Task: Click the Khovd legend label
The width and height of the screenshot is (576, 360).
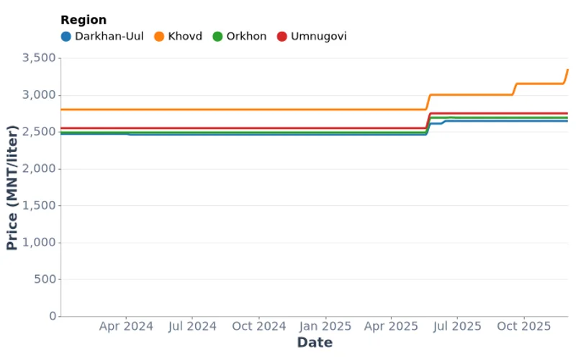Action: pyautogui.click(x=185, y=36)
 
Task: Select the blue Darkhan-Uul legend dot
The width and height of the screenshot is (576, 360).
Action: pyautogui.click(x=66, y=36)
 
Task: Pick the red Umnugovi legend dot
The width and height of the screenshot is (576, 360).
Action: pyautogui.click(x=282, y=36)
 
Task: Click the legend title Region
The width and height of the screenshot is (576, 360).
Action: pyautogui.click(x=84, y=20)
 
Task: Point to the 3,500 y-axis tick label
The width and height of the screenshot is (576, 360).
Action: pyautogui.click(x=36, y=58)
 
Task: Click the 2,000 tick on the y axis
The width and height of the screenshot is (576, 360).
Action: pyautogui.click(x=36, y=169)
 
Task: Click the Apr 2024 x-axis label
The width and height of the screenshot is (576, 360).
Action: pyautogui.click(x=126, y=326)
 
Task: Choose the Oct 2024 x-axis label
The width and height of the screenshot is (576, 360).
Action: pyautogui.click(x=259, y=326)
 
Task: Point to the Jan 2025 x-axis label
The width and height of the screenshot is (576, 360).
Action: pyautogui.click(x=325, y=326)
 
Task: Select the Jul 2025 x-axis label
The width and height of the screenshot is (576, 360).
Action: pyautogui.click(x=457, y=326)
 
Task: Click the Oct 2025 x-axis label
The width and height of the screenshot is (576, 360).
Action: pyautogui.click(x=523, y=326)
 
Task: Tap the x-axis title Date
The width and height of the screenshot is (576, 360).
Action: pyautogui.click(x=315, y=343)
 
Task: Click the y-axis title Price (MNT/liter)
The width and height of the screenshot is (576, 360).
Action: pyautogui.click(x=12, y=187)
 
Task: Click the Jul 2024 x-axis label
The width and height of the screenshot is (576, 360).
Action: pyautogui.click(x=192, y=326)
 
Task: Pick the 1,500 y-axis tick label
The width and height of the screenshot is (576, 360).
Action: pyautogui.click(x=36, y=206)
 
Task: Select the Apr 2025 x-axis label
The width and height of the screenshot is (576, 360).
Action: pyautogui.click(x=391, y=326)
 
